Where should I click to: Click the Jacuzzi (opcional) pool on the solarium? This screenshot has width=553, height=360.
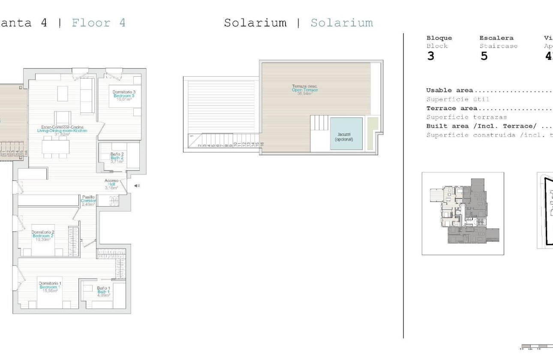(x=346, y=134)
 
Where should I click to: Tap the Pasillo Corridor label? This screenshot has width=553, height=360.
(x=89, y=201)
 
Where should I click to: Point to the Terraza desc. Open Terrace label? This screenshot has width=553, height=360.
(x=305, y=90)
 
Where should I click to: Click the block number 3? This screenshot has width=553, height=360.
(x=430, y=56)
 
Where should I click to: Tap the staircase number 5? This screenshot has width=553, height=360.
(x=484, y=56)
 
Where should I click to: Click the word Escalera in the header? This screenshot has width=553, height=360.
(x=496, y=38)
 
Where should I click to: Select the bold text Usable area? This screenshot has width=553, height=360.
(x=449, y=90)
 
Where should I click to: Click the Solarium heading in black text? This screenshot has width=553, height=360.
(x=255, y=23)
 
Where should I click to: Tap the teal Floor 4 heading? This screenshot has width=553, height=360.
(x=99, y=23)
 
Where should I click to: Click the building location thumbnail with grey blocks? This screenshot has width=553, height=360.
(x=463, y=213)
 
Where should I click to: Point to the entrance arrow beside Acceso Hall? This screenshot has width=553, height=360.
(x=136, y=186)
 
